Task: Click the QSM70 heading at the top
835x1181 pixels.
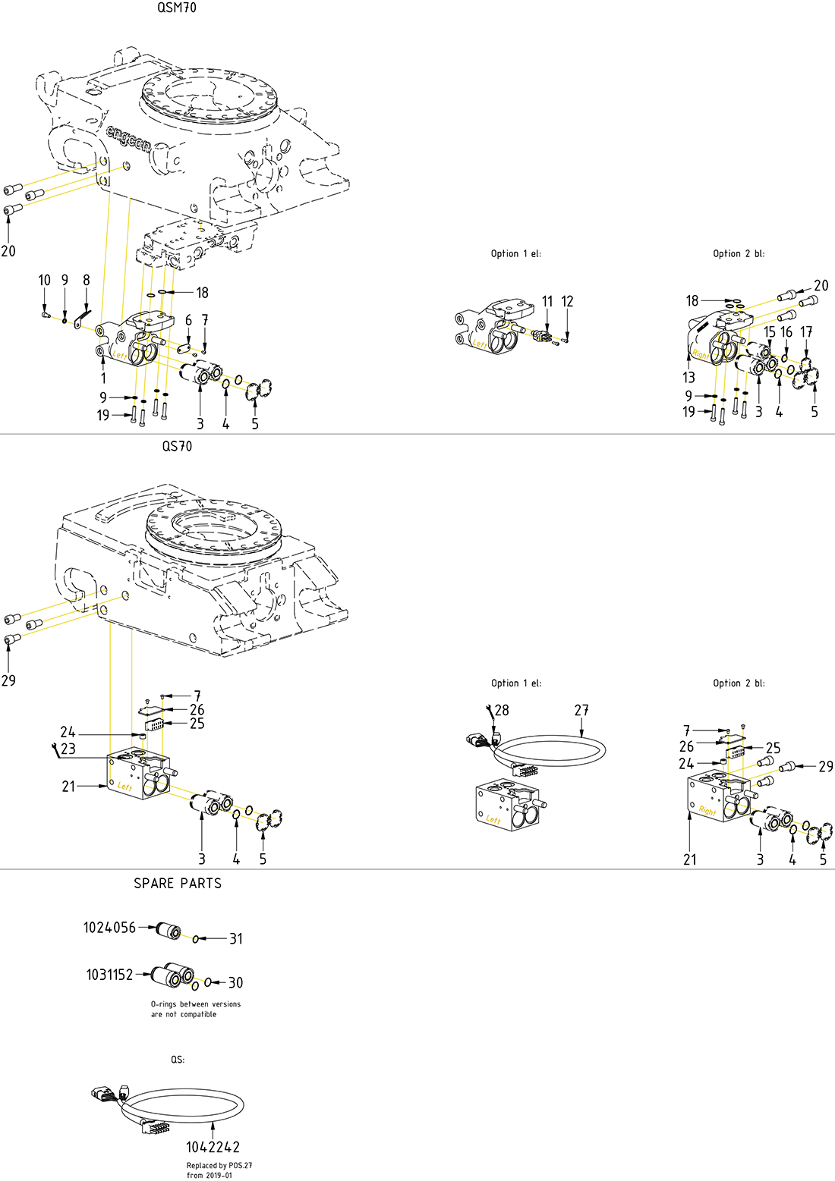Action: tap(177, 8)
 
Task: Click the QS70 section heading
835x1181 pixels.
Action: tap(177, 447)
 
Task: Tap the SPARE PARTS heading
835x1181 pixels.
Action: tap(178, 884)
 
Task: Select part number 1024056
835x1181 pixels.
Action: tap(109, 928)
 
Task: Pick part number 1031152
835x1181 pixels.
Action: tap(109, 975)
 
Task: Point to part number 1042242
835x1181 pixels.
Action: tap(213, 1148)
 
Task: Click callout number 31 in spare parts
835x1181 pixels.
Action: tap(236, 939)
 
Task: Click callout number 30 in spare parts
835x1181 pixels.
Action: tap(235, 983)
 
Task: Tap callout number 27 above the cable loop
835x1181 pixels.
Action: tap(581, 711)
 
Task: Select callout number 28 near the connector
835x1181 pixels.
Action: tap(502, 711)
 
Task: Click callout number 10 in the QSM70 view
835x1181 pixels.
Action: tap(45, 281)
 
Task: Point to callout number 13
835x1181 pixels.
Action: tap(688, 378)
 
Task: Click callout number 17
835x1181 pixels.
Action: tap(806, 332)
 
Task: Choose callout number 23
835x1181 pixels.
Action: tap(68, 749)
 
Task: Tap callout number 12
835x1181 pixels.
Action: tap(567, 302)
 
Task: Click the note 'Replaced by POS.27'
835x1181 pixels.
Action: tap(219, 1166)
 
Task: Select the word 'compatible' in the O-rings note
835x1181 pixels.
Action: tap(198, 1014)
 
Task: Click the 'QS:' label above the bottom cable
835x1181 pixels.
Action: tap(178, 1060)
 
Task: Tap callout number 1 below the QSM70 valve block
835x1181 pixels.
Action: tap(103, 378)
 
